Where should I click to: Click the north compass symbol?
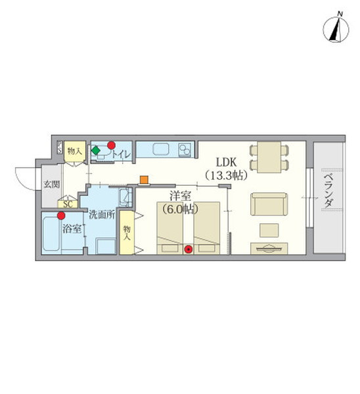pos(336,29)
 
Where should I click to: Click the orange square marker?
pos(144,180)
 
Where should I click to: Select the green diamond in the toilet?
pos(95,150)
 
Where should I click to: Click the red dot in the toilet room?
pos(111,145)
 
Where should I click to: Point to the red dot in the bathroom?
pos(61,215)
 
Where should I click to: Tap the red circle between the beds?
pos(188,249)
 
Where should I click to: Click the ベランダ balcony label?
pos(328,190)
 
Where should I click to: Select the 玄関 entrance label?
pos(52,185)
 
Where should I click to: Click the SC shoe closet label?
pos(68,204)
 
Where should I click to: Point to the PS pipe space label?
pos(60,147)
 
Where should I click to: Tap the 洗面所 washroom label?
pos(102,215)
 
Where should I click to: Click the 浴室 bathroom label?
pos(72,229)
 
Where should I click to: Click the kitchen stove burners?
pos(185,150)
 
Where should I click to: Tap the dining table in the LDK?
pos(269,157)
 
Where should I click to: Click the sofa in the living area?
pos(269,204)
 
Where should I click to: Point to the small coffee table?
pos(269,230)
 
